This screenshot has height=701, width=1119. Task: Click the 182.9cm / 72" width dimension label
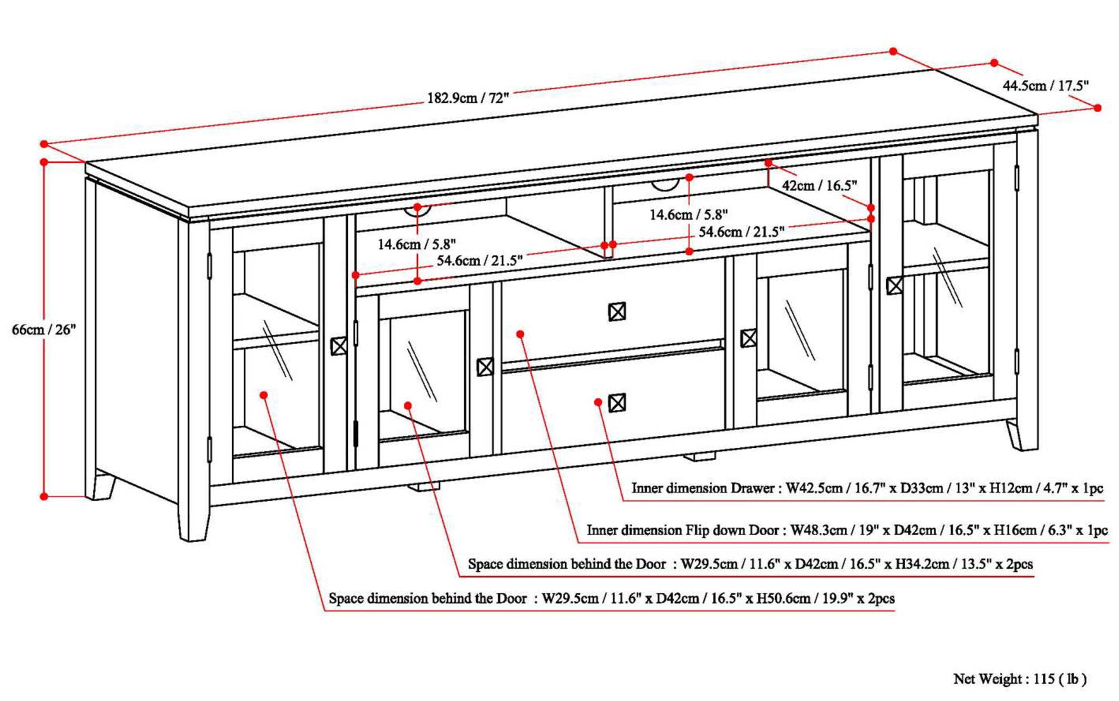pyautogui.click(x=468, y=98)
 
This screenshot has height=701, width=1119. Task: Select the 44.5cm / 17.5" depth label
pyautogui.click(x=1045, y=86)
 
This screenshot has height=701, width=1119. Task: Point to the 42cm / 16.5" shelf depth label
pyautogui.click(x=820, y=186)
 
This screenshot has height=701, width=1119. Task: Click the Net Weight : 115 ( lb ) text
pyautogui.click(x=1020, y=679)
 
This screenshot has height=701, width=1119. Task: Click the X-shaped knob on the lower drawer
pyautogui.click(x=616, y=403)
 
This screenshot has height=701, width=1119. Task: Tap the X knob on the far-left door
pyautogui.click(x=338, y=346)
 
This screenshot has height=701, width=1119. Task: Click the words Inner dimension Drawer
pyautogui.click(x=703, y=488)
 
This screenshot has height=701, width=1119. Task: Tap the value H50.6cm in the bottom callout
pyautogui.click(x=783, y=598)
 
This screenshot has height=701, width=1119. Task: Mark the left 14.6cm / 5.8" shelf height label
pyautogui.click(x=416, y=244)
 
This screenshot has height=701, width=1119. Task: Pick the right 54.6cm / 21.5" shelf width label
pyautogui.click(x=741, y=231)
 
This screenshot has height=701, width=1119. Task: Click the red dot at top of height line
pyautogui.click(x=44, y=162)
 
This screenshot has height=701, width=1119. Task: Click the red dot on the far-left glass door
pyautogui.click(x=264, y=395)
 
